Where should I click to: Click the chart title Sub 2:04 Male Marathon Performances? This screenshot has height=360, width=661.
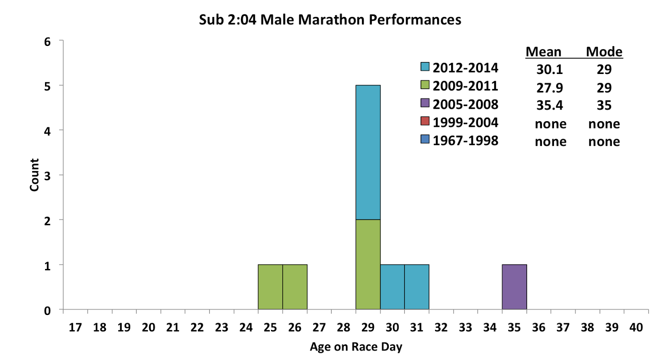(330, 20)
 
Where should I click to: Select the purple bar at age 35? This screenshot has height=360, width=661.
(514, 287)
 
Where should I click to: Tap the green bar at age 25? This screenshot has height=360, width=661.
(270, 287)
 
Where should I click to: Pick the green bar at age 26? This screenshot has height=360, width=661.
(295, 287)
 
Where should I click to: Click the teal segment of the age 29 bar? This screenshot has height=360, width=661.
(368, 152)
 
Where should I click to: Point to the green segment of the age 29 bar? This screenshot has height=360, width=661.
(368, 264)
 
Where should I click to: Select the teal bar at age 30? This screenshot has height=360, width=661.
(392, 287)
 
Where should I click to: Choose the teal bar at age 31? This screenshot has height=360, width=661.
(416, 287)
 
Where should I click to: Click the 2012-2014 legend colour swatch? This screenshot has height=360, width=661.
(425, 67)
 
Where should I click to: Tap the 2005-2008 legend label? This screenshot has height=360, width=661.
(465, 105)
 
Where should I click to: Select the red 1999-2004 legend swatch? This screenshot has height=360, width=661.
(425, 121)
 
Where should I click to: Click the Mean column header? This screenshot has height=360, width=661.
(543, 52)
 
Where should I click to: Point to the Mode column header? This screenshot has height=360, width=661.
(604, 52)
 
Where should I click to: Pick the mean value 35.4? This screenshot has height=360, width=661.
(549, 105)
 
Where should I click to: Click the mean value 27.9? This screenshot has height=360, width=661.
(549, 88)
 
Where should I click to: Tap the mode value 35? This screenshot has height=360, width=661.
(604, 105)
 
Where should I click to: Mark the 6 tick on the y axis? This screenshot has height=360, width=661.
(48, 42)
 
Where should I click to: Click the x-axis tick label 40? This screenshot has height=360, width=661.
(636, 328)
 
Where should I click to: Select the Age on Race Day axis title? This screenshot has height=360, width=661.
(356, 347)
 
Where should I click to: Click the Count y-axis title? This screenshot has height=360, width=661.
(34, 175)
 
